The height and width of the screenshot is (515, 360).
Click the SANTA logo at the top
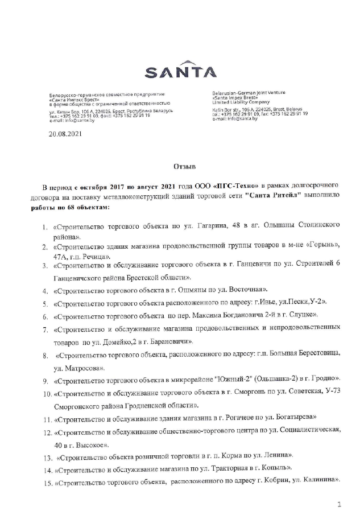pos(180,73)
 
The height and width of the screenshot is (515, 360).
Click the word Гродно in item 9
pos(324,378)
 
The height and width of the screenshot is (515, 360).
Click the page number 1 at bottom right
pos(339,504)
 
